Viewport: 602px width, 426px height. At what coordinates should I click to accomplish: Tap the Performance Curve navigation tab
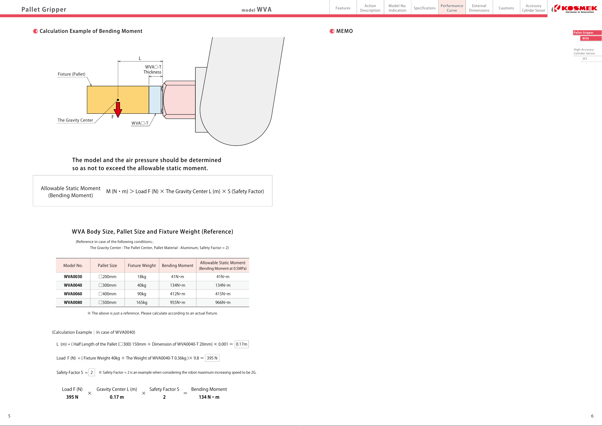click(x=452, y=8)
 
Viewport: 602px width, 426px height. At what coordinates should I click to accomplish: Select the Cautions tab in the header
click(x=506, y=8)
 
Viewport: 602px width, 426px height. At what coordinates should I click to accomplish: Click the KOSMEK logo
click(x=575, y=8)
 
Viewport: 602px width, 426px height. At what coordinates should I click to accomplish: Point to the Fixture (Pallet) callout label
click(x=71, y=74)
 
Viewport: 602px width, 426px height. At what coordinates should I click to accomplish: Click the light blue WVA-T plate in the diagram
click(x=155, y=100)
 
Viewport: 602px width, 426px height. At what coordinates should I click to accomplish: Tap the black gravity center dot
click(x=118, y=100)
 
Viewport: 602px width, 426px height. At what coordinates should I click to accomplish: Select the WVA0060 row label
click(x=73, y=294)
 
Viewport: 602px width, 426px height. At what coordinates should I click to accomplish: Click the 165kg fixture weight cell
click(x=142, y=302)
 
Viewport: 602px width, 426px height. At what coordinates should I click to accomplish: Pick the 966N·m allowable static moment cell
click(x=223, y=302)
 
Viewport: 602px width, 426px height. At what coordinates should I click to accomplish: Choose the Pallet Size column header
click(x=107, y=265)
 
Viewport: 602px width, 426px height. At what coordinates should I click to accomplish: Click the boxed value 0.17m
click(x=241, y=344)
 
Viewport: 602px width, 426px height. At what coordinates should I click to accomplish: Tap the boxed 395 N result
click(x=212, y=358)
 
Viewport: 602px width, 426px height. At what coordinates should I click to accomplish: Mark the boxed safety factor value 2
click(x=91, y=372)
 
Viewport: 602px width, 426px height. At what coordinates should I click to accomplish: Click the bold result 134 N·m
click(x=209, y=397)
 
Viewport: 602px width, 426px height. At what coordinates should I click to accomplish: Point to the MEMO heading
click(x=344, y=31)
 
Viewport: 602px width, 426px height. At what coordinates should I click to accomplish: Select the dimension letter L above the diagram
click(x=140, y=58)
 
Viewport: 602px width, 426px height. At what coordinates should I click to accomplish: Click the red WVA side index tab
click(x=587, y=38)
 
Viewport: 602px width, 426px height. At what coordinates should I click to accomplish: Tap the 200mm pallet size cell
click(x=107, y=277)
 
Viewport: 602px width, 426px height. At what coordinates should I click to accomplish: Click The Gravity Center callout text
click(x=75, y=120)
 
